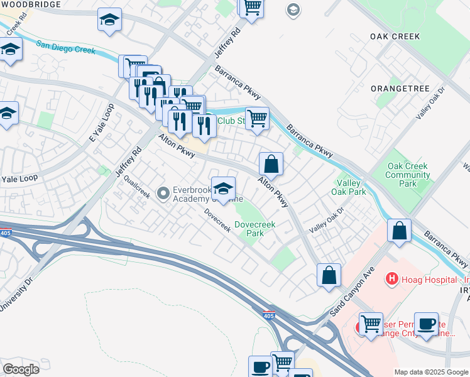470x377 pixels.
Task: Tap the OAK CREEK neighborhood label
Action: [395, 37]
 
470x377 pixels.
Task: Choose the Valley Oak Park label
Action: [347, 188]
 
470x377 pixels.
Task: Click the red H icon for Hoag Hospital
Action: [391, 278]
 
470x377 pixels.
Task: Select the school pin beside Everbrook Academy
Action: [223, 188]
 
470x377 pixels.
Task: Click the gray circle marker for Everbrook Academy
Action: [163, 194]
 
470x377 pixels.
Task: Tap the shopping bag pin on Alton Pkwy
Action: [271, 164]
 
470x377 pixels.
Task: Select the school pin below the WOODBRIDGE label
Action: [110, 21]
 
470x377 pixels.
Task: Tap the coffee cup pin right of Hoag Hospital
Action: [427, 324]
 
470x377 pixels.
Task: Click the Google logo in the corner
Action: [21, 369]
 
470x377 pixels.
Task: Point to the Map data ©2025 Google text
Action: [430, 372]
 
